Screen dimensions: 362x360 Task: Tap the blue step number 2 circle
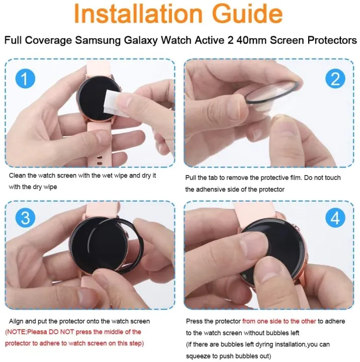tap(335, 79)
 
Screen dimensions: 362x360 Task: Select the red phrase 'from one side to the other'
tap(280, 321)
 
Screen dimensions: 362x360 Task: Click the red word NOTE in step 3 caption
tap(16, 332)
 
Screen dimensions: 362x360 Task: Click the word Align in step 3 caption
tap(17, 321)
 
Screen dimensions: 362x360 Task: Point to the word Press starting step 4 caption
tap(195, 321)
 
